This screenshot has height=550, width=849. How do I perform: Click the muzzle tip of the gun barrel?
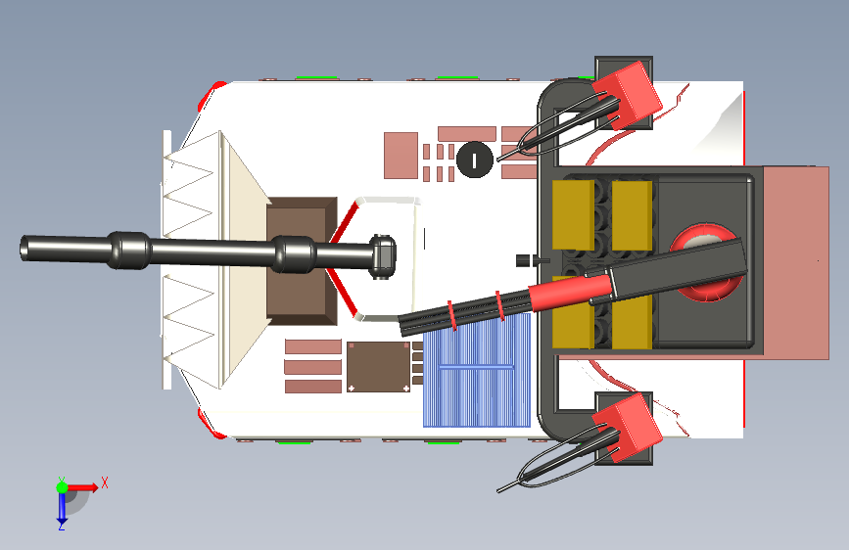pos(24,249)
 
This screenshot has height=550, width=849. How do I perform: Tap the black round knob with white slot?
pos(475,160)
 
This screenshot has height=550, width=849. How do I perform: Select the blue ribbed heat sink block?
pos(477,371)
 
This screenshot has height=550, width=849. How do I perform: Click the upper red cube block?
pos(628,95)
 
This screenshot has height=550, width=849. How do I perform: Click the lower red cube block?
pos(628,427)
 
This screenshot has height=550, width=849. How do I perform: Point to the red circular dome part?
pos(704,262)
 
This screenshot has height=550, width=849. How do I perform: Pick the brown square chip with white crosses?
pos(379,366)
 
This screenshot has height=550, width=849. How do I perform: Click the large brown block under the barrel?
pos(302,261)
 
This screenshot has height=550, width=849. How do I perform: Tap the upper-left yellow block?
pos(573,215)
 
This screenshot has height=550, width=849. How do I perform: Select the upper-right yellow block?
pos(632,215)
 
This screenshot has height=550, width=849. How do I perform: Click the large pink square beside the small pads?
pos(401,155)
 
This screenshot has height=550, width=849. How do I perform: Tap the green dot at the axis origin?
pos(62,487)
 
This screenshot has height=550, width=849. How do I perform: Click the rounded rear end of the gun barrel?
pos(382,256)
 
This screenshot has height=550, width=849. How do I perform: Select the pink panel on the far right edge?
pos(796,262)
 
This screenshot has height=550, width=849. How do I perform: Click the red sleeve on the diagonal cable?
pos(571,293)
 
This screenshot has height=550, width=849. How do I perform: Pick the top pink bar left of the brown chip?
pos(313,346)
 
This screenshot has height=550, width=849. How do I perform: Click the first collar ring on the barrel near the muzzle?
pos(129,251)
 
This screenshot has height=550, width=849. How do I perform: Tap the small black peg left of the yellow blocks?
pos(523,260)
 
